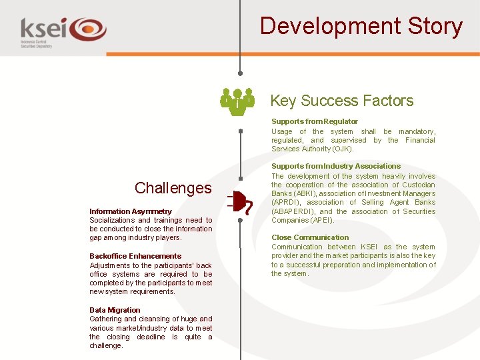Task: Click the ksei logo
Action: pyautogui.click(x=63, y=31)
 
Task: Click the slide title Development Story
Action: pyautogui.click(x=361, y=26)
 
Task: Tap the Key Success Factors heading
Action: pyautogui.click(x=341, y=101)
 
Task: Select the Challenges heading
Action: pyautogui.click(x=173, y=188)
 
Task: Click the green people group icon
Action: pyautogui.click(x=237, y=101)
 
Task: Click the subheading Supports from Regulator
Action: pyautogui.click(x=314, y=121)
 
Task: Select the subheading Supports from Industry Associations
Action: pyautogui.click(x=336, y=166)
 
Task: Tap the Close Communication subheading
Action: pyautogui.click(x=310, y=237)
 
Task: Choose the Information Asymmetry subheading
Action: pyautogui.click(x=131, y=211)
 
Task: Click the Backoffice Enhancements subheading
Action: pyautogui.click(x=135, y=256)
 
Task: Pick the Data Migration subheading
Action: pyautogui.click(x=115, y=310)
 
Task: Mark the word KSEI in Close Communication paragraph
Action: pyautogui.click(x=369, y=247)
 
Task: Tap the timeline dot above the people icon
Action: pyautogui.click(x=240, y=73)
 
